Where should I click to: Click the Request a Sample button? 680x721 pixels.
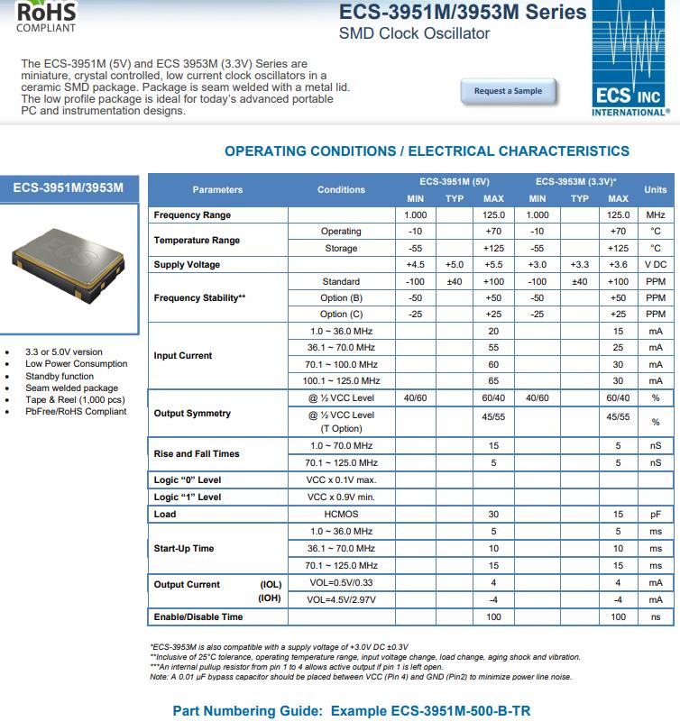pyautogui.click(x=508, y=91)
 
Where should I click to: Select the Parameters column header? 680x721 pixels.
pyautogui.click(x=217, y=189)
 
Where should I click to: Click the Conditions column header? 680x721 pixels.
pyautogui.click(x=341, y=189)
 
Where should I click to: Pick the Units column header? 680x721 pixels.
pyautogui.click(x=655, y=189)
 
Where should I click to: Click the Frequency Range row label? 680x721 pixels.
pyautogui.click(x=192, y=215)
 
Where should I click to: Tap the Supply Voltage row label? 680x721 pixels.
pyautogui.click(x=187, y=265)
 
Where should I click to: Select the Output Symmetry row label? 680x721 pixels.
pyautogui.click(x=192, y=414)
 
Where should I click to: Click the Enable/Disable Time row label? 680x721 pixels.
pyautogui.click(x=198, y=617)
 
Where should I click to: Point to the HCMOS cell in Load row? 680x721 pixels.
pyautogui.click(x=341, y=515)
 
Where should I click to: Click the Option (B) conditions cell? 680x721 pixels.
pyautogui.click(x=341, y=297)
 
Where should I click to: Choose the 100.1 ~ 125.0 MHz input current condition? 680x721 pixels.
pyautogui.click(x=341, y=381)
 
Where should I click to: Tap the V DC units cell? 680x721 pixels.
pyautogui.click(x=655, y=265)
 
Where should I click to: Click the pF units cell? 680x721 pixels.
pyautogui.click(x=655, y=515)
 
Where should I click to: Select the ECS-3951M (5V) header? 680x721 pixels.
pyautogui.click(x=455, y=181)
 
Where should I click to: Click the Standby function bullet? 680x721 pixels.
pyautogui.click(x=60, y=376)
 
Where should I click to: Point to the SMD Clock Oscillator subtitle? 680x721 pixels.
pyautogui.click(x=414, y=34)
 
